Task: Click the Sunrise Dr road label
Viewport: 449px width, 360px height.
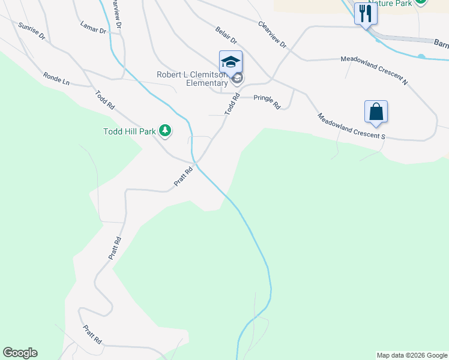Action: [x=32, y=31]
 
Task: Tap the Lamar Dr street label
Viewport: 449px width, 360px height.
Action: [x=92, y=27]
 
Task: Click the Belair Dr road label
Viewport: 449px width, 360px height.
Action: [x=226, y=35]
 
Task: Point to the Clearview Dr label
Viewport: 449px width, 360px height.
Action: [x=273, y=35]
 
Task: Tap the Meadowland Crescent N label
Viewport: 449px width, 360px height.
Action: [x=374, y=70]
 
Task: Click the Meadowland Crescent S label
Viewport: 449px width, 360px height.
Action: [x=351, y=127]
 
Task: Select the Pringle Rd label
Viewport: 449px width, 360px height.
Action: [x=267, y=102]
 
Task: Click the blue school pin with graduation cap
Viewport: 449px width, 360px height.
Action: [x=231, y=62]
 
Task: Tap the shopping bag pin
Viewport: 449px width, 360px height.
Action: [x=376, y=112]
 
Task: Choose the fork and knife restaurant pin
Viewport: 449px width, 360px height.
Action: [x=365, y=13]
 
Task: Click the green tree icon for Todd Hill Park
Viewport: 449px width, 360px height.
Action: [x=165, y=130]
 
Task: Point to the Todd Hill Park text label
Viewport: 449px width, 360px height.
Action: [x=130, y=131]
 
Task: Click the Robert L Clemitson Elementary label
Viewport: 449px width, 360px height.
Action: [x=193, y=79]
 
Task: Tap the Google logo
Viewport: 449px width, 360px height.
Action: [x=20, y=353]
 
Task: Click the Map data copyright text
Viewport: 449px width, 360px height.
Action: [x=411, y=355]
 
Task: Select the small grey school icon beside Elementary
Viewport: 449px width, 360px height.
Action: [x=238, y=79]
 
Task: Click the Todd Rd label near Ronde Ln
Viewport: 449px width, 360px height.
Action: [x=105, y=100]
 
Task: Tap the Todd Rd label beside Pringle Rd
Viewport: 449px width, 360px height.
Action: [x=232, y=104]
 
